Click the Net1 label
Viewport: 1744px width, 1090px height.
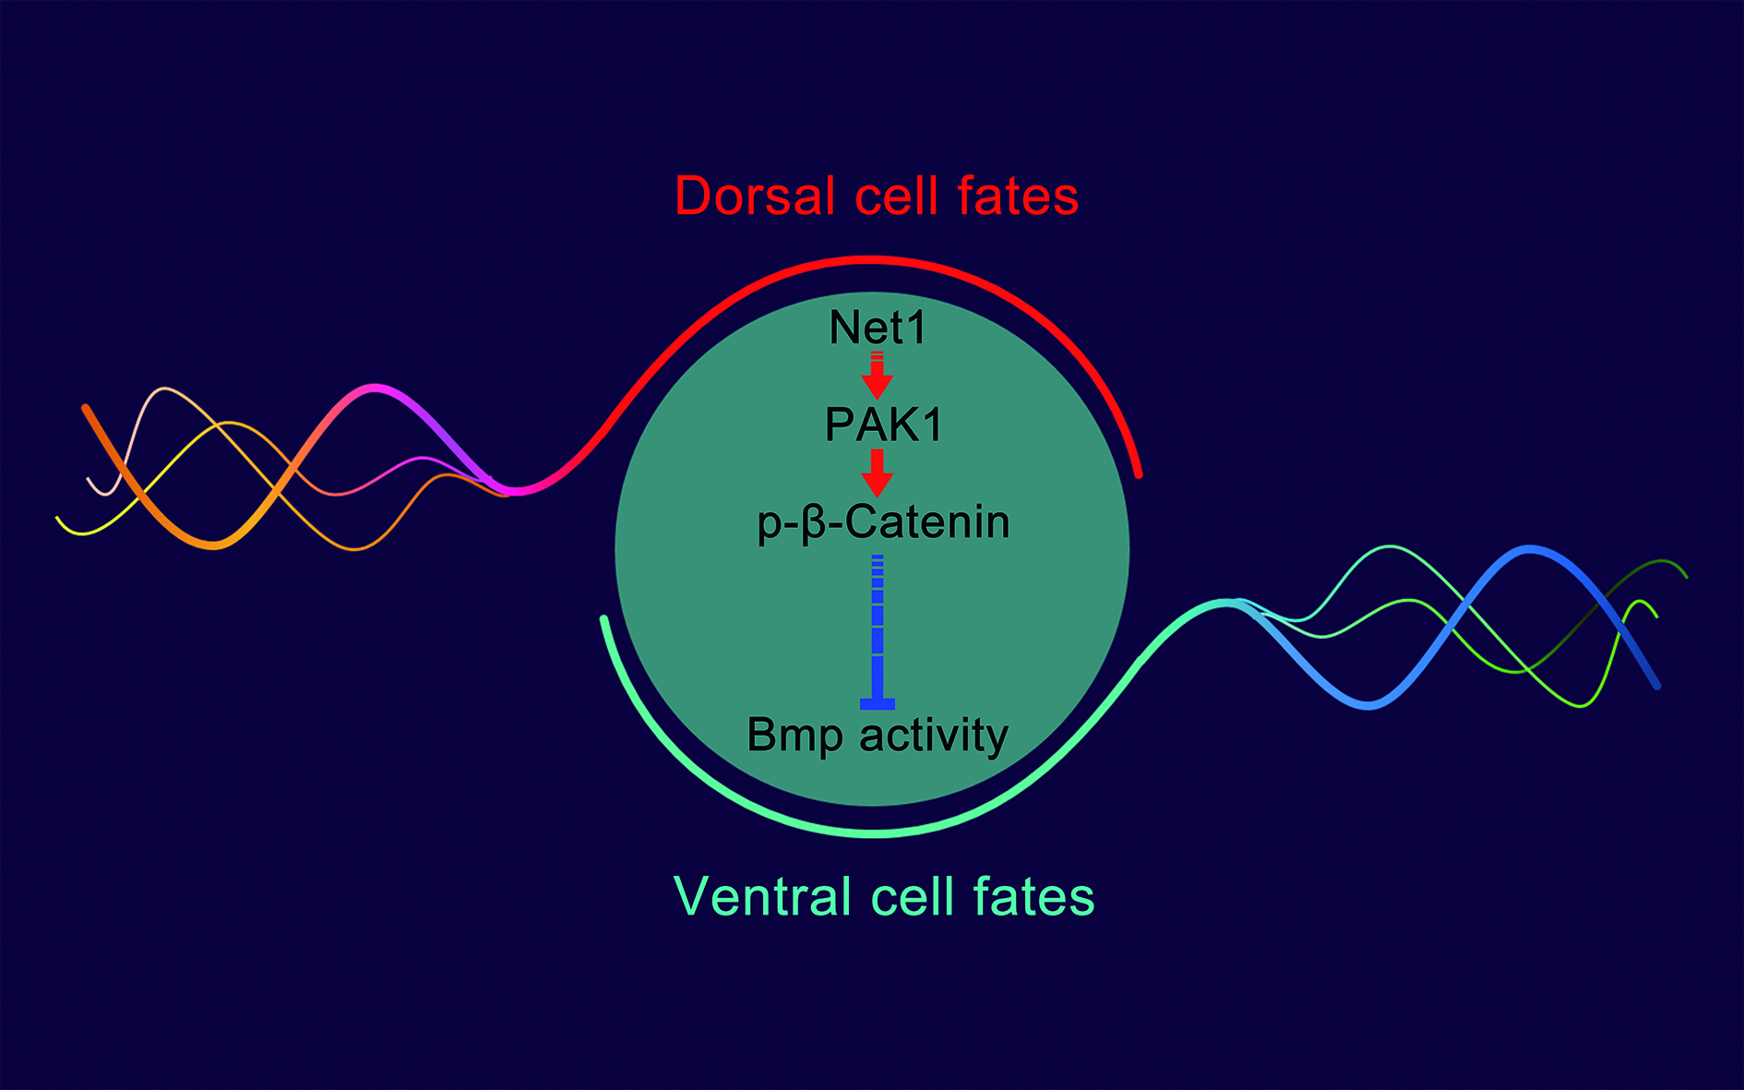(x=877, y=328)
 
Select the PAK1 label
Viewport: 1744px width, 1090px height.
(x=883, y=425)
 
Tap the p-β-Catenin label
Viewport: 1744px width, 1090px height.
(x=883, y=522)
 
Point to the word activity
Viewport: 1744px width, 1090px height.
(x=933, y=736)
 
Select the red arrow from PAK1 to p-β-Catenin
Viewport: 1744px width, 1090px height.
(x=877, y=473)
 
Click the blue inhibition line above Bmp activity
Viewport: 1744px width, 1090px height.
(x=877, y=628)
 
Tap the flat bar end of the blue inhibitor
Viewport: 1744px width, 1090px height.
(x=877, y=704)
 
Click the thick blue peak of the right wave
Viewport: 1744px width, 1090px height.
(x=1529, y=550)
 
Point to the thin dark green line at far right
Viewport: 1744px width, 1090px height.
(x=1661, y=563)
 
